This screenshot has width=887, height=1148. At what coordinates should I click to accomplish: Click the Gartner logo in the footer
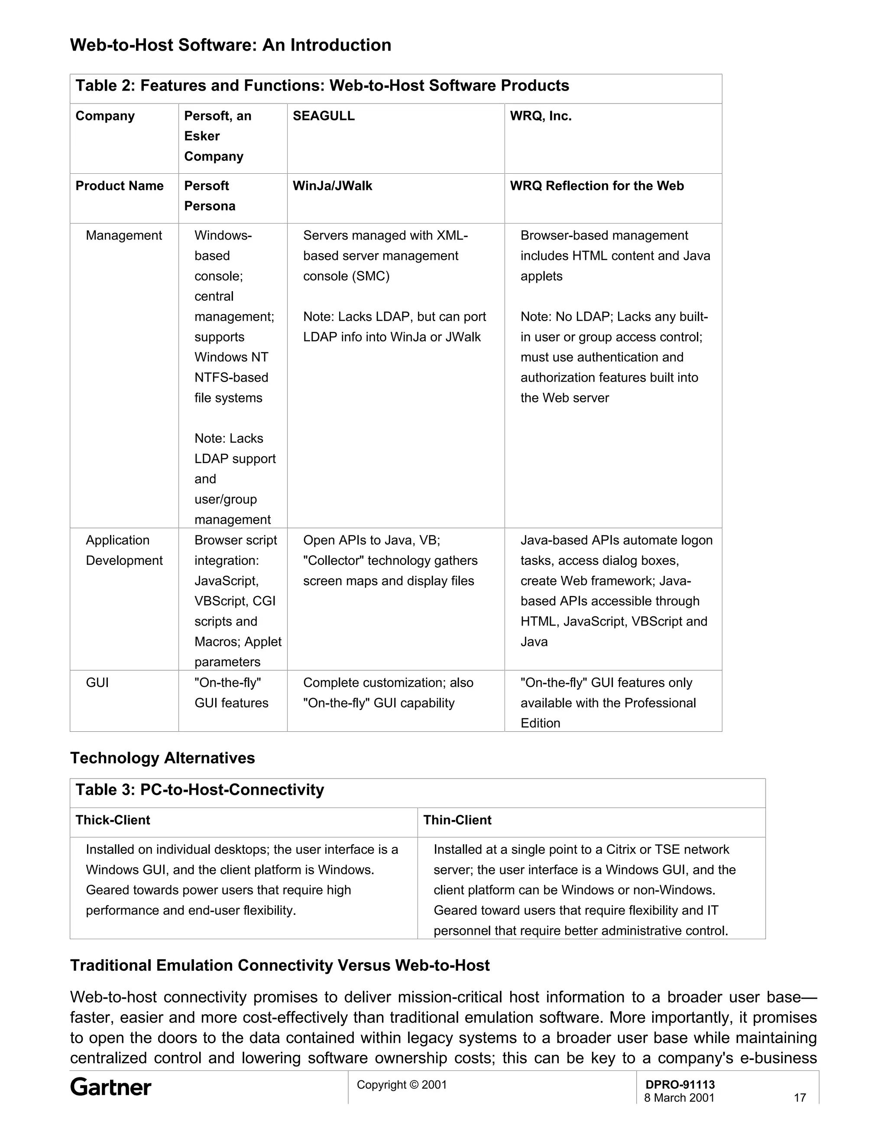coord(110,1087)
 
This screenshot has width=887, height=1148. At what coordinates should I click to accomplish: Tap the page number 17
coord(799,1098)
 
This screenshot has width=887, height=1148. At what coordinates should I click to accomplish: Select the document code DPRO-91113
coord(680,1084)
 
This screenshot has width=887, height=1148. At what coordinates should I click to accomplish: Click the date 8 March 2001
coord(679,1098)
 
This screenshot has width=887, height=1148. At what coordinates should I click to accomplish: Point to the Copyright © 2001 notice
coord(401,1084)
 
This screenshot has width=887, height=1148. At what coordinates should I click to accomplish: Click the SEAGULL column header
coord(323,116)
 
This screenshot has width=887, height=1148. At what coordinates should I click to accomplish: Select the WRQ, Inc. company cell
coord(540,116)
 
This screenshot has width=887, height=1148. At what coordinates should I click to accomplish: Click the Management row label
coord(123,236)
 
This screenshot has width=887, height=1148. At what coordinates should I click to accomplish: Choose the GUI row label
coord(97,682)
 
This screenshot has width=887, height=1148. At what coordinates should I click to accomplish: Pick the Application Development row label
coord(124,550)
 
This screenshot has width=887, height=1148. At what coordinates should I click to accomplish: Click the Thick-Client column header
coord(113,820)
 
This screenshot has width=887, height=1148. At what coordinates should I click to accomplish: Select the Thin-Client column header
coord(457,820)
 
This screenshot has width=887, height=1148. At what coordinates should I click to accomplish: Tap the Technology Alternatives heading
coord(162,758)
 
